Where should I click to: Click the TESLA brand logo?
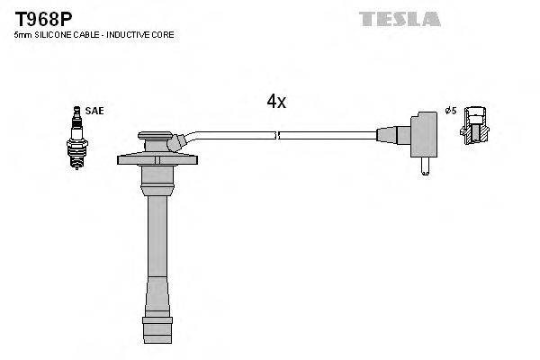click(400, 19)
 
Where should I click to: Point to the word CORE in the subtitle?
click(163, 35)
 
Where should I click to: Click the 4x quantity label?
click(276, 102)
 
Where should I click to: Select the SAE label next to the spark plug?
click(96, 111)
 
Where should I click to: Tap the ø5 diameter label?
click(451, 111)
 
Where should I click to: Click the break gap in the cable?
click(276, 136)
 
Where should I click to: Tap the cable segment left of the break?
click(234, 134)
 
